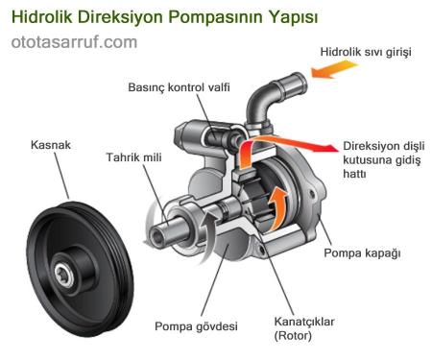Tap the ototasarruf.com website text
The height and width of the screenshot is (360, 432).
pyautogui.click(x=74, y=43)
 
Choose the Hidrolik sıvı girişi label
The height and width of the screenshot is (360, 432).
pyautogui.click(x=364, y=52)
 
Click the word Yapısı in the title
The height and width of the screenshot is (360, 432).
pyautogui.click(x=293, y=17)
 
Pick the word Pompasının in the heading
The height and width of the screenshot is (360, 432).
pyautogui.click(x=215, y=17)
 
